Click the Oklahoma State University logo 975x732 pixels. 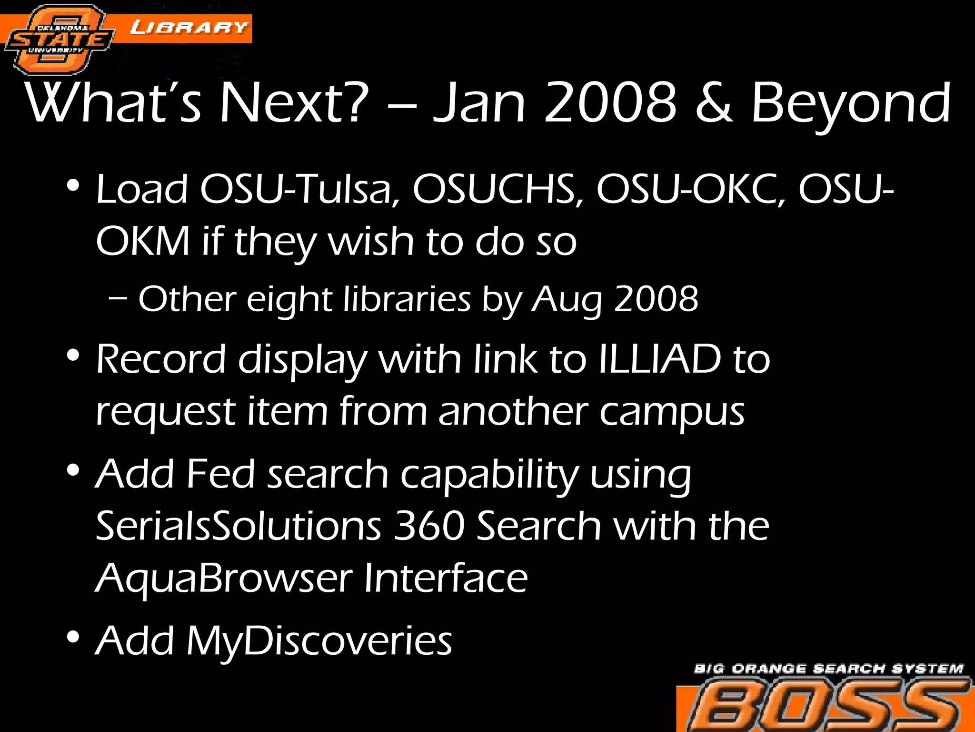60,40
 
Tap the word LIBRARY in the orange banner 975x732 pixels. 189,28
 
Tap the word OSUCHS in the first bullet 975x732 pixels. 497,189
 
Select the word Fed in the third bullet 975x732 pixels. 220,474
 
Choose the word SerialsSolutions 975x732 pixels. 239,526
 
